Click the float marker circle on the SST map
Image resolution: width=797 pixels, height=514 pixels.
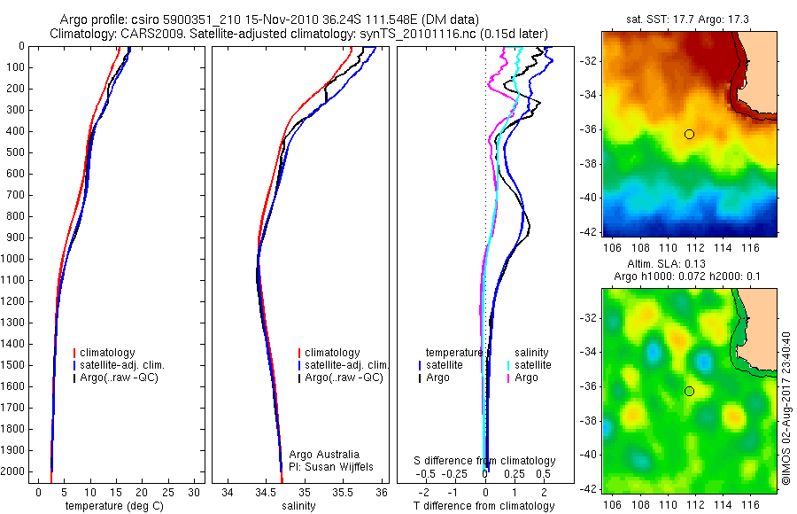tap(689, 134)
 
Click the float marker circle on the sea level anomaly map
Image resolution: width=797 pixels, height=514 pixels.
tap(689, 391)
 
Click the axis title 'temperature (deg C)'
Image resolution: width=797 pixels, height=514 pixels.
tap(111, 506)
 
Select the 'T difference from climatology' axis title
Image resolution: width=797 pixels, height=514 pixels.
tap(484, 506)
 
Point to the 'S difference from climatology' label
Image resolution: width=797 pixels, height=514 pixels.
tap(485, 461)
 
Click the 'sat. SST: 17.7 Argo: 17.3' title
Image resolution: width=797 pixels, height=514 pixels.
tap(689, 19)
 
